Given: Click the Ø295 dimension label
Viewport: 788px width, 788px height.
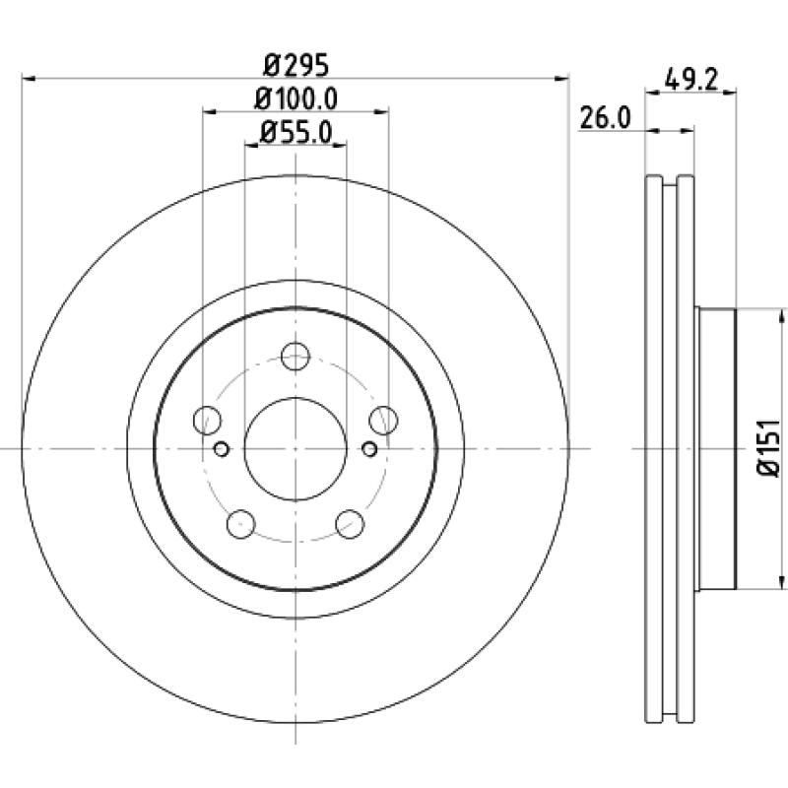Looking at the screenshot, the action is point(296,65).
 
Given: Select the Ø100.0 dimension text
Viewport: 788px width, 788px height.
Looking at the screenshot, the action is point(295,99).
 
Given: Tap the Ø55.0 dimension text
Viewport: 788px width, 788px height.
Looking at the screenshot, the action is point(296,133).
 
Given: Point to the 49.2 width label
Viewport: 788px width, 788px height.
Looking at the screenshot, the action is point(690,81).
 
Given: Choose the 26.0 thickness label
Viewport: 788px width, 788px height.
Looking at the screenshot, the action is point(605,118).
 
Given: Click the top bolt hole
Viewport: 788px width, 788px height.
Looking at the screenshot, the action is point(295,357).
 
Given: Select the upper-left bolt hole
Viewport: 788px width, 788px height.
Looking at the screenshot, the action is point(207,421).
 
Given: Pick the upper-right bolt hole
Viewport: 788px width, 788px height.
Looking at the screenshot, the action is point(383,421).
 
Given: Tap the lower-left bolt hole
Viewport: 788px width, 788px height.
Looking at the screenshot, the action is point(241,524).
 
